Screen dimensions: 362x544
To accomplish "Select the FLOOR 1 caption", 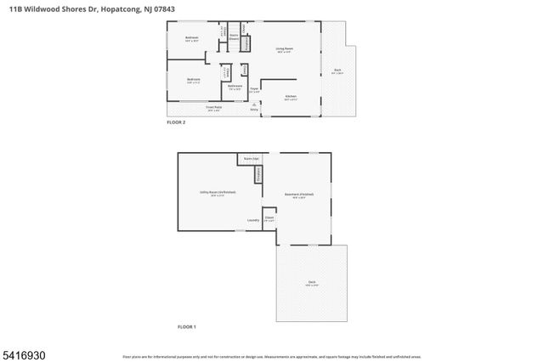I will click(186, 326).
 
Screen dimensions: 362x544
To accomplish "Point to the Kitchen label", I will click(290, 96).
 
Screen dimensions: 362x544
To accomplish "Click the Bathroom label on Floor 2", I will click(235, 86).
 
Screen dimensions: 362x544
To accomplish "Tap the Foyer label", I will click(253, 89).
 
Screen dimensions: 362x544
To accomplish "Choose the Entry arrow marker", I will click(253, 105).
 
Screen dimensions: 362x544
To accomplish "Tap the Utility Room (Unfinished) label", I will click(218, 193).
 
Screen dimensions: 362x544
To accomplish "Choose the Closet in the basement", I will click(269, 218).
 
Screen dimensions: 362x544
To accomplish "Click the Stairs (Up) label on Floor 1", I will click(250, 159).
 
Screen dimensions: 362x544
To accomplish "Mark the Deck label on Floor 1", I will click(312, 282).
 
